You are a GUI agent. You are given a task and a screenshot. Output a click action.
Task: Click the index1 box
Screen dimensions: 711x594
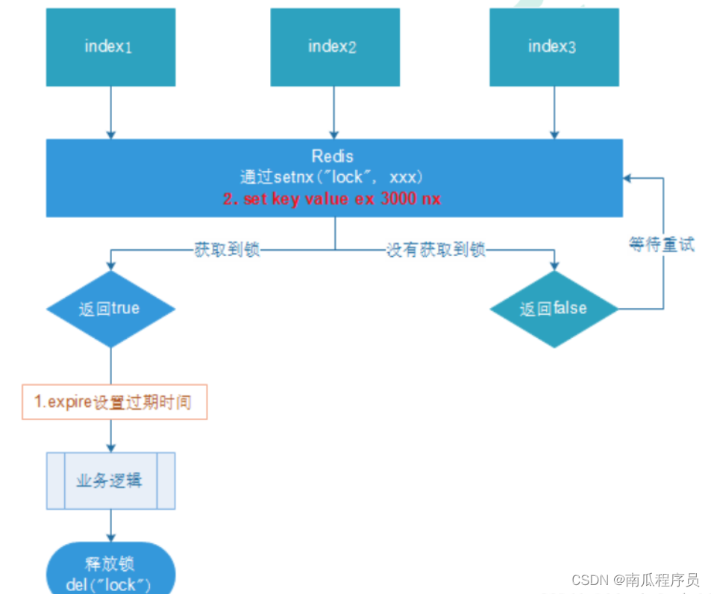tap(110, 47)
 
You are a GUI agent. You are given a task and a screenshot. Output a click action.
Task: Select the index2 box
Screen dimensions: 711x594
tap(335, 47)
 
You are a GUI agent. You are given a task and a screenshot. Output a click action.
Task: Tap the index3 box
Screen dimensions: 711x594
tap(554, 47)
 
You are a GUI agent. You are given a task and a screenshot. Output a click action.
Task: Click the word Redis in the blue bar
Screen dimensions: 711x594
tap(333, 157)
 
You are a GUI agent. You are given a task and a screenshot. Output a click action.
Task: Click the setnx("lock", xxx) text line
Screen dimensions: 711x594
tap(331, 177)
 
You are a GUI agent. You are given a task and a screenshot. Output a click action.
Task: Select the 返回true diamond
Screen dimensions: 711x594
tap(110, 309)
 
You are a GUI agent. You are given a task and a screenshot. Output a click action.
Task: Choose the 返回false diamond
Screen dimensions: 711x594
tap(554, 309)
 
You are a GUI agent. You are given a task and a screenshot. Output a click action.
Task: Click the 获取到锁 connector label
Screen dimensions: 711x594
tap(227, 249)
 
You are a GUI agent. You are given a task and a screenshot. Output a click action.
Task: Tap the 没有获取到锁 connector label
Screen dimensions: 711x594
tap(436, 249)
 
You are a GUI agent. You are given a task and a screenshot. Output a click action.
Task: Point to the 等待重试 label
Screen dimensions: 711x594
tap(662, 245)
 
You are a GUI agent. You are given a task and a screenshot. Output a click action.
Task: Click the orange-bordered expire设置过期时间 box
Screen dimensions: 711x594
tap(115, 402)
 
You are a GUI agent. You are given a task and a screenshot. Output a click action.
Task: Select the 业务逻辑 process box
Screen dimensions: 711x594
tap(110, 481)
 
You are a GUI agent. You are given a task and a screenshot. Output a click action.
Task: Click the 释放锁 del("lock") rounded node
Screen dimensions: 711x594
tap(110, 569)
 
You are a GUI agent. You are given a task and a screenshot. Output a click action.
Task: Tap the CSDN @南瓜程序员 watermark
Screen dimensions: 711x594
tap(636, 580)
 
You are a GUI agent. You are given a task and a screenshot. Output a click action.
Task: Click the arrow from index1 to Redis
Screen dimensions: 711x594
tap(110, 113)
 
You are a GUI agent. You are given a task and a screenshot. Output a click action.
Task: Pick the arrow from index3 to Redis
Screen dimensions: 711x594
tap(554, 113)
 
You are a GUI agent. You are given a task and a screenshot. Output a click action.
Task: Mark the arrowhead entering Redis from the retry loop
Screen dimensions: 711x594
tap(627, 178)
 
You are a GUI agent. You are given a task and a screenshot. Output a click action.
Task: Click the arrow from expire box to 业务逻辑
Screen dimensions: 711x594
tap(110, 436)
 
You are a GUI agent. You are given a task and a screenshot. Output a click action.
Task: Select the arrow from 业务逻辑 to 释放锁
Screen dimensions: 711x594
tap(110, 525)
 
